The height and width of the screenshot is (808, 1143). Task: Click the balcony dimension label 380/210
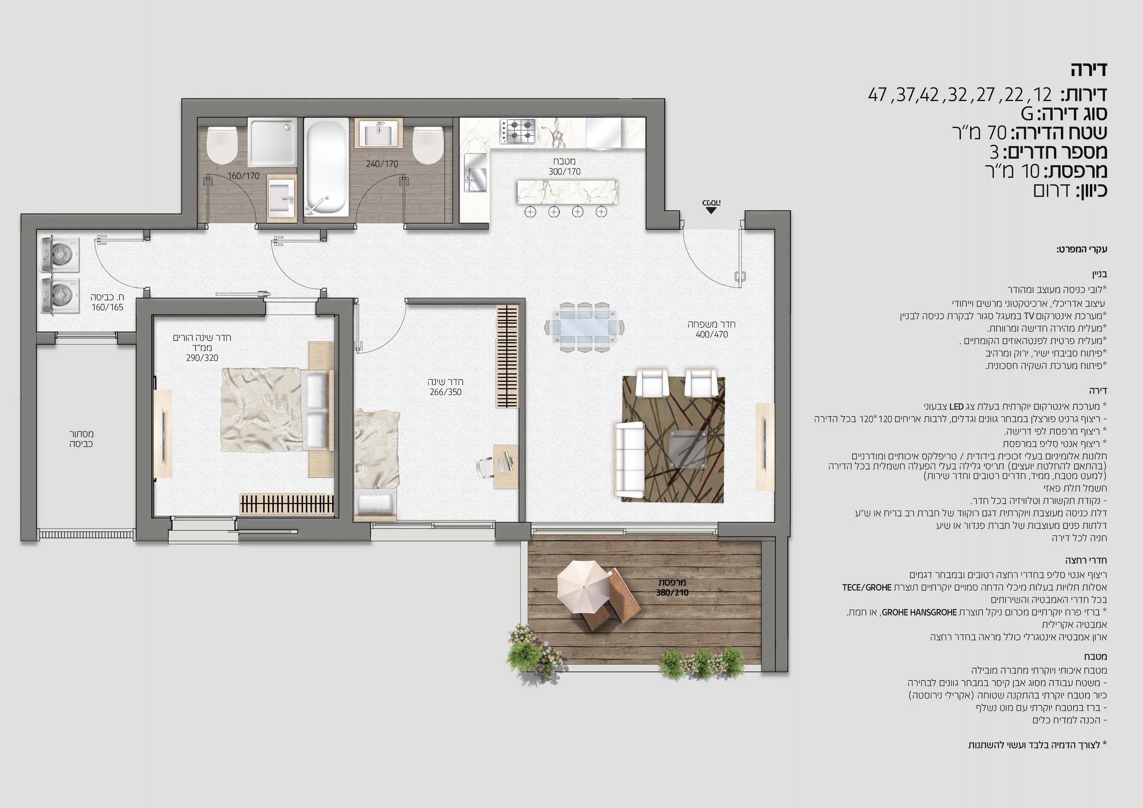click(x=672, y=592)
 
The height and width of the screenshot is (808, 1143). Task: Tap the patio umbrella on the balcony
click(x=583, y=588)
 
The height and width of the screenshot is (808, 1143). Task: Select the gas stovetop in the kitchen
click(x=518, y=131)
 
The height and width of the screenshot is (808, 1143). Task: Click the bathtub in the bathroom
click(x=326, y=167)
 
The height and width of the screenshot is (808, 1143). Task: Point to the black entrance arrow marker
click(x=711, y=210)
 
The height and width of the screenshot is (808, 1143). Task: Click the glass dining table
click(x=585, y=328)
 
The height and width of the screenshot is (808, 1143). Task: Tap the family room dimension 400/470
click(x=711, y=334)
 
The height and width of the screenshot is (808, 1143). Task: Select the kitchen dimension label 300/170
click(x=564, y=172)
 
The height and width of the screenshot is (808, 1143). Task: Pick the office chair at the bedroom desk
click(x=487, y=466)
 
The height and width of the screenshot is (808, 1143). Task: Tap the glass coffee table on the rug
click(x=687, y=450)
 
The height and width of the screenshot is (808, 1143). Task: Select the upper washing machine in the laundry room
click(x=59, y=255)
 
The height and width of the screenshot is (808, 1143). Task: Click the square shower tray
click(x=272, y=142)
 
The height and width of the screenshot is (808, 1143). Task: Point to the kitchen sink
click(x=475, y=173)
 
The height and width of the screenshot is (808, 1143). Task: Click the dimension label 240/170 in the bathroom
click(x=382, y=164)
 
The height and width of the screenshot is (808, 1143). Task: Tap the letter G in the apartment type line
click(x=1027, y=114)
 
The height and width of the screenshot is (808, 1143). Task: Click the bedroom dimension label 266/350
click(x=445, y=392)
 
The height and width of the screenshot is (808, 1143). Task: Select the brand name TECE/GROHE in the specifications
click(x=867, y=587)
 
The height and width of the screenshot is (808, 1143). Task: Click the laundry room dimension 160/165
click(x=107, y=308)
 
